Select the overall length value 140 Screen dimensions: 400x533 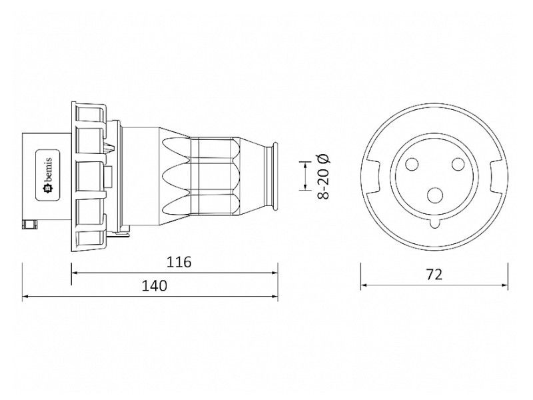(x=154, y=286)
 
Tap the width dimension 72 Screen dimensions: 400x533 (x=434, y=274)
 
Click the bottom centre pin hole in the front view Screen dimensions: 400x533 (x=434, y=195)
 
